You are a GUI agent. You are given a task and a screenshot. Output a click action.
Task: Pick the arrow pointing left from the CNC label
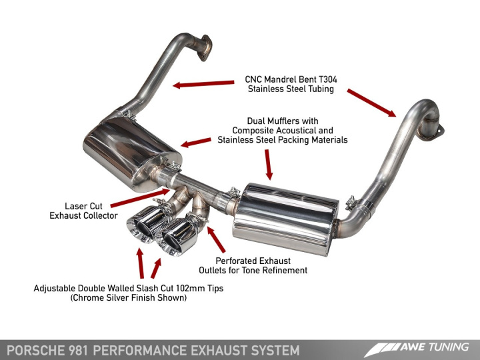pyautogui.click(x=204, y=84)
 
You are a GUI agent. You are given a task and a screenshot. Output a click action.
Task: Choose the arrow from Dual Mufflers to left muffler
pyautogui.click(x=196, y=142)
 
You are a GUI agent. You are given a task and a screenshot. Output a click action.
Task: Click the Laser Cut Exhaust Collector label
pyautogui.click(x=83, y=211)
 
